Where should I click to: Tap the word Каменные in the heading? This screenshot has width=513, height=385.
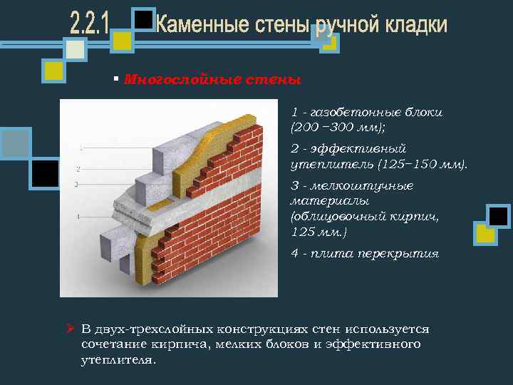tap(202, 26)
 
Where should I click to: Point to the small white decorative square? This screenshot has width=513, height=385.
tap(76, 49)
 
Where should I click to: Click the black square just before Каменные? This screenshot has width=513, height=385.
tap(145, 20)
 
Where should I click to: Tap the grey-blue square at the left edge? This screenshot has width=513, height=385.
tap(14, 143)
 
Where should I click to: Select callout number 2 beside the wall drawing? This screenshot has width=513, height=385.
tap(78, 169)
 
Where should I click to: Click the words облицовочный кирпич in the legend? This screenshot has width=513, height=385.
tap(365, 217)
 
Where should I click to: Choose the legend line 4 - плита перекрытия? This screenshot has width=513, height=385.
tap(365, 254)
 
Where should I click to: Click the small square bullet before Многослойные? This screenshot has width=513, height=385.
tap(116, 78)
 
